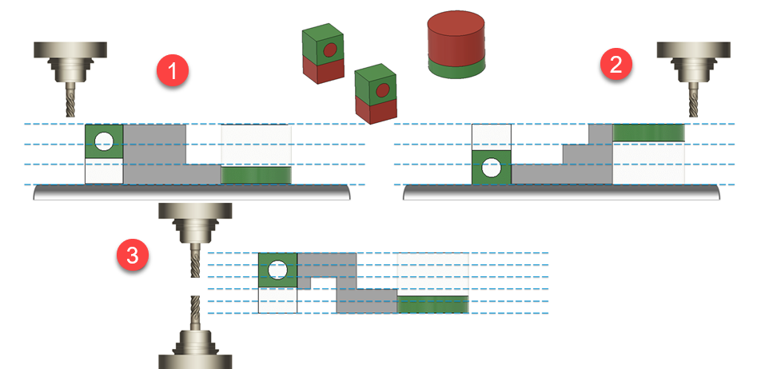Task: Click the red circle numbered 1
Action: tap(172, 71)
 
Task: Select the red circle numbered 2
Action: tap(616, 65)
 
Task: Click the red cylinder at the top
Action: tap(456, 36)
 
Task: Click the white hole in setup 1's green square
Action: tap(103, 142)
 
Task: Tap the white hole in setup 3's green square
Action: tap(277, 270)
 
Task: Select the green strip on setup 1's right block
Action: tap(256, 175)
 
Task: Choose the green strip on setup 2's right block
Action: tap(648, 133)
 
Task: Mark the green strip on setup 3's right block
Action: tap(432, 304)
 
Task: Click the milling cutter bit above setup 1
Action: tap(70, 99)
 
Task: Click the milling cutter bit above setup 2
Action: tap(692, 99)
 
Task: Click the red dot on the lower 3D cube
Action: tap(382, 89)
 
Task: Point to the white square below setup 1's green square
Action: tap(103, 171)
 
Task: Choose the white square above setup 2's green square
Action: tap(491, 137)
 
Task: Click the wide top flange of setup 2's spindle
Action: tap(692, 50)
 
